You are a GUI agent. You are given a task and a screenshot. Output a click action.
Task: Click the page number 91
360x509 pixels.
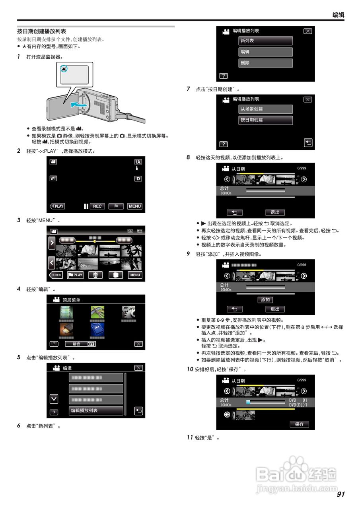click(x=340, y=494)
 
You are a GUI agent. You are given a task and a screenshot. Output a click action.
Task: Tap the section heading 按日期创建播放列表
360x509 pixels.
click(x=41, y=31)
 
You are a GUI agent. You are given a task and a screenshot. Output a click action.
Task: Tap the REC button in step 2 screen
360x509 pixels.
click(x=97, y=206)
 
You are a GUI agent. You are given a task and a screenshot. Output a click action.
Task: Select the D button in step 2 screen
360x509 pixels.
click(x=138, y=179)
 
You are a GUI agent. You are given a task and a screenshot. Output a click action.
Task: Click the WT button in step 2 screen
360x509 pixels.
click(x=53, y=178)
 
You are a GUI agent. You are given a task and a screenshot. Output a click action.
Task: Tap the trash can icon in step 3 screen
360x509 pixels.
click(x=95, y=275)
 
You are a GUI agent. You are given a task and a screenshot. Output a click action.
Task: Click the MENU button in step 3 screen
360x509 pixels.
click(x=135, y=275)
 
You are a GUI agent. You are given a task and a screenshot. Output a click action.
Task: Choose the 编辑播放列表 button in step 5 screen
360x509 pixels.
click(x=96, y=410)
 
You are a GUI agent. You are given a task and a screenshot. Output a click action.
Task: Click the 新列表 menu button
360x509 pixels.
click(x=266, y=41)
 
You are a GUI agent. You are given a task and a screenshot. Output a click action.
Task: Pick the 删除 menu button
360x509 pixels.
click(x=266, y=63)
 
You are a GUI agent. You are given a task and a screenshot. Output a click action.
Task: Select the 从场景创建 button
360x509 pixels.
click(x=266, y=109)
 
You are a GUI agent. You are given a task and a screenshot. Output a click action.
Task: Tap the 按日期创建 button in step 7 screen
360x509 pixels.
click(x=266, y=120)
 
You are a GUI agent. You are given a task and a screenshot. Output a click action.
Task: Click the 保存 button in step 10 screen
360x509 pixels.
click(x=299, y=424)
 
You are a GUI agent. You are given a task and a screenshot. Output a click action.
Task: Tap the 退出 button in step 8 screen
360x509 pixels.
click(x=275, y=212)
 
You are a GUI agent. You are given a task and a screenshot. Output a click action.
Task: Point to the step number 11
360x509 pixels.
click(x=190, y=437)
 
